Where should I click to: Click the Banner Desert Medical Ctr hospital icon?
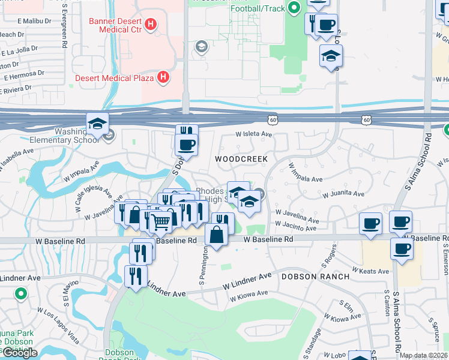[x=151, y=25]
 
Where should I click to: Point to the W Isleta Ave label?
[x=254, y=134]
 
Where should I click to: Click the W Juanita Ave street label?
[x=343, y=194]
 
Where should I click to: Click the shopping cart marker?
[x=161, y=223]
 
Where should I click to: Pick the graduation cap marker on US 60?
[x=97, y=124]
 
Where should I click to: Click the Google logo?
[x=19, y=353]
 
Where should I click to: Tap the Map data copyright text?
[x=424, y=355]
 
